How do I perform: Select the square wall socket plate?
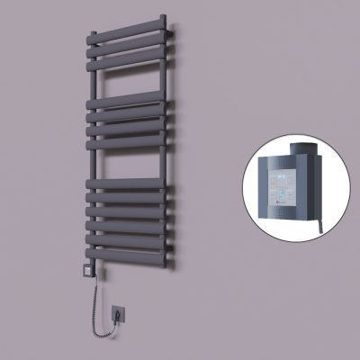119,313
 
